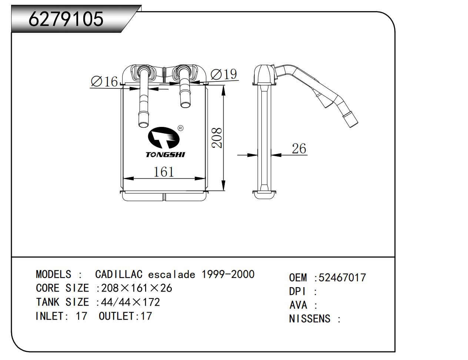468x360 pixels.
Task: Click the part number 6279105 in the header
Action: click(x=66, y=19)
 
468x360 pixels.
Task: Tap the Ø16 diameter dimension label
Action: click(x=104, y=81)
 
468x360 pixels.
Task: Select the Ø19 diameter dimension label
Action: click(x=224, y=74)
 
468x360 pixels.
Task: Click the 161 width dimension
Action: click(x=164, y=172)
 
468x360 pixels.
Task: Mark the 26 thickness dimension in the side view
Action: click(x=299, y=148)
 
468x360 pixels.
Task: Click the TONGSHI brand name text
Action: click(x=165, y=155)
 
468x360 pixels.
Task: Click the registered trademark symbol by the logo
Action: click(x=180, y=128)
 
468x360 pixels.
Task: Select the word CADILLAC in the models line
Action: click(x=118, y=275)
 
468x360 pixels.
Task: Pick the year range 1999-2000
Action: click(x=228, y=274)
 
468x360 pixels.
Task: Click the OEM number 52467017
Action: click(x=342, y=277)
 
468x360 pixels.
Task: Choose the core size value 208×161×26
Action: click(x=137, y=288)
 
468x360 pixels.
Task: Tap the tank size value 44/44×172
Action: click(x=130, y=302)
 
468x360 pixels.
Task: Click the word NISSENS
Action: click(x=310, y=319)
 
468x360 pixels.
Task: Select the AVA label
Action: click(x=298, y=305)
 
